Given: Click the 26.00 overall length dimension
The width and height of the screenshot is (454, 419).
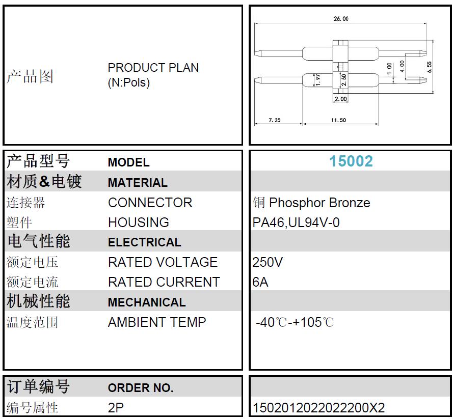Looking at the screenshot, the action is (341, 19).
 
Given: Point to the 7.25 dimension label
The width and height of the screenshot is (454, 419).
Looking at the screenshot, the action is (275, 120).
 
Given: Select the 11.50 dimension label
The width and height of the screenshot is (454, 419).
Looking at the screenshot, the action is (338, 120).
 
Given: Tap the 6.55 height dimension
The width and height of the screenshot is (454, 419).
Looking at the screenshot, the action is (429, 67).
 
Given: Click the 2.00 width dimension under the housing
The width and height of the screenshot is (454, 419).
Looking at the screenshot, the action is (340, 99).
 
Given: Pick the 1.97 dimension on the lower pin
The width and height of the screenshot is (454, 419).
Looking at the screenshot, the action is (318, 80).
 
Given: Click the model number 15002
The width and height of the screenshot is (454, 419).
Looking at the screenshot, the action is (351, 161).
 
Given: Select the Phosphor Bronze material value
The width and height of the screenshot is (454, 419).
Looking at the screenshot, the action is (319, 203).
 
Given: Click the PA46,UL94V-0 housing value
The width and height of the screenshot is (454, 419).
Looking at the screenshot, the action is (296, 222).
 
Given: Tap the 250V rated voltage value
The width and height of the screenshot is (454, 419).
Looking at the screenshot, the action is (267, 262).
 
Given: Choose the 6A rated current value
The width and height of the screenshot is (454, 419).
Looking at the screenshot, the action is (260, 282).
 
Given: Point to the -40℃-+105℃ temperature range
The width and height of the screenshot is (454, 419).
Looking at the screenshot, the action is (295, 322).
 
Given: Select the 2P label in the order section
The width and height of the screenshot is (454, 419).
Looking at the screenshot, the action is (116, 408).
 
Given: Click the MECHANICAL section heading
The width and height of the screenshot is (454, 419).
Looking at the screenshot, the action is (147, 302).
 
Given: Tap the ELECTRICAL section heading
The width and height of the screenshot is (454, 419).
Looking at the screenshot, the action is (145, 242).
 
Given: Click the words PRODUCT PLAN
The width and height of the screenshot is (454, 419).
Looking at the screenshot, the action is (153, 68).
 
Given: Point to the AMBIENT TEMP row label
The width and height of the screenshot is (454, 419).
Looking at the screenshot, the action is (157, 322).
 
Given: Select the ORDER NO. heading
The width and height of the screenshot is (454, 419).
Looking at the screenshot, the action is (141, 388).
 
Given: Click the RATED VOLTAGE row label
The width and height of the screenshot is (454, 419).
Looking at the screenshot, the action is (163, 262).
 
